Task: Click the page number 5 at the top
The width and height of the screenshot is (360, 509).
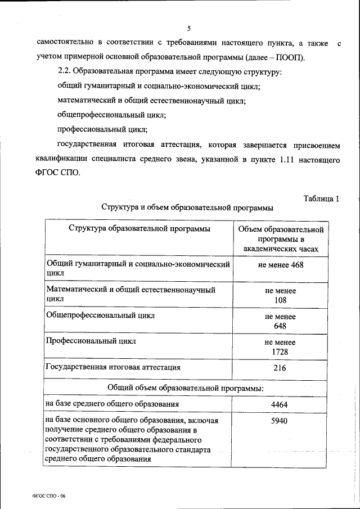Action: tap(190, 28)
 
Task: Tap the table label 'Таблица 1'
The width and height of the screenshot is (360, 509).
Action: tap(321, 198)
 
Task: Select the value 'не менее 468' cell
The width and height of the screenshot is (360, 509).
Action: tap(281, 265)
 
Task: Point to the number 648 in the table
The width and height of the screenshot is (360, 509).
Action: tap(280, 326)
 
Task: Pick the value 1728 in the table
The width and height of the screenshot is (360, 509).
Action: tap(280, 351)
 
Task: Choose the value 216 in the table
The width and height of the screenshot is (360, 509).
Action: tap(280, 368)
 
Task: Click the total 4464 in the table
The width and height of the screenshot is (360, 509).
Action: tap(280, 404)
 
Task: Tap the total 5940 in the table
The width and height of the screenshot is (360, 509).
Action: tap(280, 420)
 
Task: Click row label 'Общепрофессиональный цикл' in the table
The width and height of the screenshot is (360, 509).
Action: tap(100, 316)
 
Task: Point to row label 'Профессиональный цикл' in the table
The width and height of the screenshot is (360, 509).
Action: tap(90, 341)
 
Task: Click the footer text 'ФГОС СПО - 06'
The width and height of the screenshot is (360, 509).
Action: tap(49, 496)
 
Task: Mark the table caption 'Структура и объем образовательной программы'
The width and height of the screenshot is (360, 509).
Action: tap(187, 208)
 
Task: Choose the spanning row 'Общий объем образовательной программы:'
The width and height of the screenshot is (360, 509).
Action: tap(186, 387)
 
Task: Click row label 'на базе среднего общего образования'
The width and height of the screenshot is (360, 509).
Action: tap(112, 404)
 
